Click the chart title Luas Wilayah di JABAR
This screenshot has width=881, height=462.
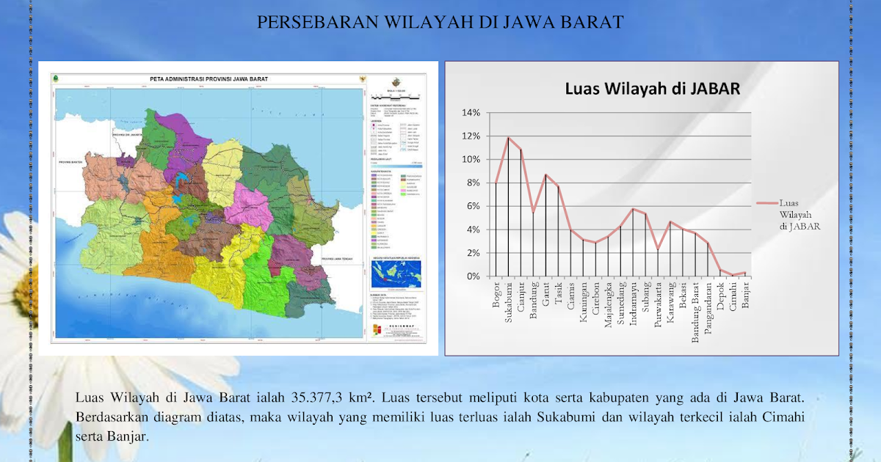tap(652, 89)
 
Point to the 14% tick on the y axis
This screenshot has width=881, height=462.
tap(471, 113)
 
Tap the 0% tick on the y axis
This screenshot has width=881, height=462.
tap(473, 276)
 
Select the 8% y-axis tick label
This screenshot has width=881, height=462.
tap(473, 183)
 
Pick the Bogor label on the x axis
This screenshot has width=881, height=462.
tap(496, 293)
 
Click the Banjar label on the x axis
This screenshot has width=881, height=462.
tap(745, 296)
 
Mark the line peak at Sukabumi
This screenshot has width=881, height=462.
tap(508, 137)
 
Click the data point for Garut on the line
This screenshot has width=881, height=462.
tap(545, 175)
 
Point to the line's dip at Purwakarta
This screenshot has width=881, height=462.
tap(658, 249)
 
